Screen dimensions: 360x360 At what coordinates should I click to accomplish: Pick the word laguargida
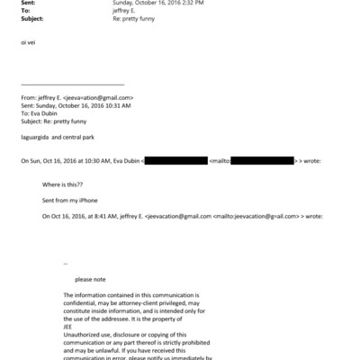(37, 138)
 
